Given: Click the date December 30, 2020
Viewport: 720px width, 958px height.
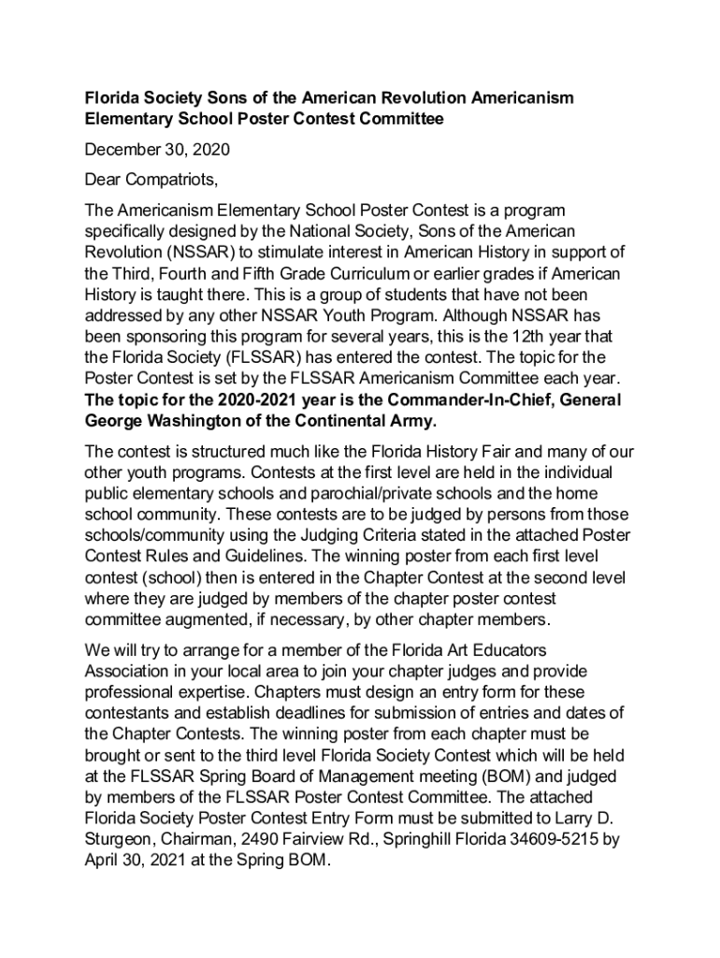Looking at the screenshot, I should click(157, 150).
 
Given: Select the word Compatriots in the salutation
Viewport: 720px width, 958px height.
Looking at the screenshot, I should click(175, 180).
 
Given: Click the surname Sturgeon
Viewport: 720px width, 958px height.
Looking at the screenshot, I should click(118, 840).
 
